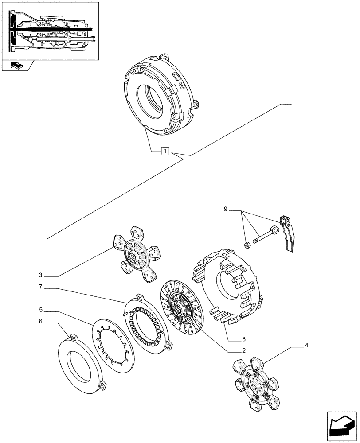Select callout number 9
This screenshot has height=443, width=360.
pos(225,209)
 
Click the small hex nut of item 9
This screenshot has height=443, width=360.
pos(248,244)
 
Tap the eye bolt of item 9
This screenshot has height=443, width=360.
pos(266,235)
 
